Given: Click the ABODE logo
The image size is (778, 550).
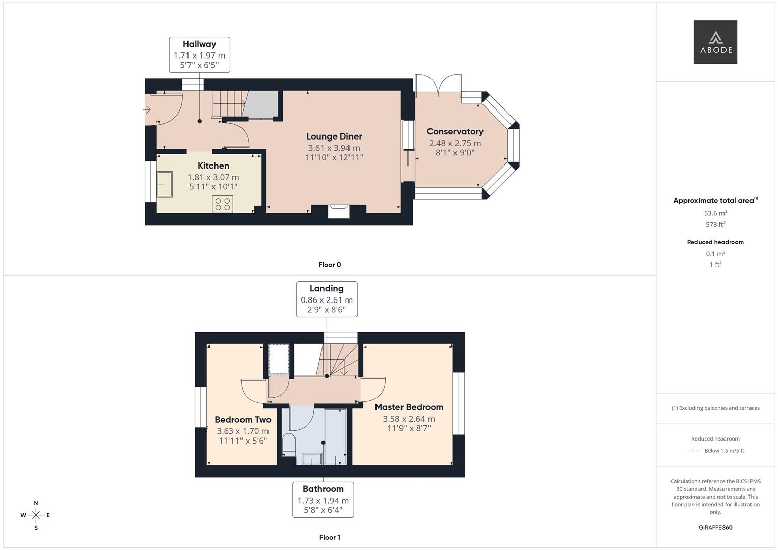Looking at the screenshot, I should point(715,42).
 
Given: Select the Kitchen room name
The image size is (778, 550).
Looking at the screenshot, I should point(213,166).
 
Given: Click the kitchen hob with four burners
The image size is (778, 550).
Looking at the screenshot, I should point(223,204).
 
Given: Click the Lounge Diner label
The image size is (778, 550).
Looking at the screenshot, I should point(334,136).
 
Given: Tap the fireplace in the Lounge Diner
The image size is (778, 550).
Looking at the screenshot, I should point(338,211).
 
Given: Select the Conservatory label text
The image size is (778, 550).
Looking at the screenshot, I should point(454,132).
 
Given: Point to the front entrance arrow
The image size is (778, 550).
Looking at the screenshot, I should point(147,109).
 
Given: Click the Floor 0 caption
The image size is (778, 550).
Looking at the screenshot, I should point(329,265).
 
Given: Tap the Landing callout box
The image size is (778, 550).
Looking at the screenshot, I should point(327,299).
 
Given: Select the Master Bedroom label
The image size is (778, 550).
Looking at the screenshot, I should point(409,407).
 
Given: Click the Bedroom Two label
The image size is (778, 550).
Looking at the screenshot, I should point(243,420).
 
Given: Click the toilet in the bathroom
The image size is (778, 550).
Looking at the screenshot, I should point(288,443).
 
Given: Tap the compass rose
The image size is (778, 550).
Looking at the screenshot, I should point(36,515).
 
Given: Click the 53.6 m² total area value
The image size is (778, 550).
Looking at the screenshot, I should point(715,213).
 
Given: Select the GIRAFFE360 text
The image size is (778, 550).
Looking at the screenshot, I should point(715,527).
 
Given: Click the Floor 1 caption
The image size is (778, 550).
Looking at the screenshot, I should point(329,537).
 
